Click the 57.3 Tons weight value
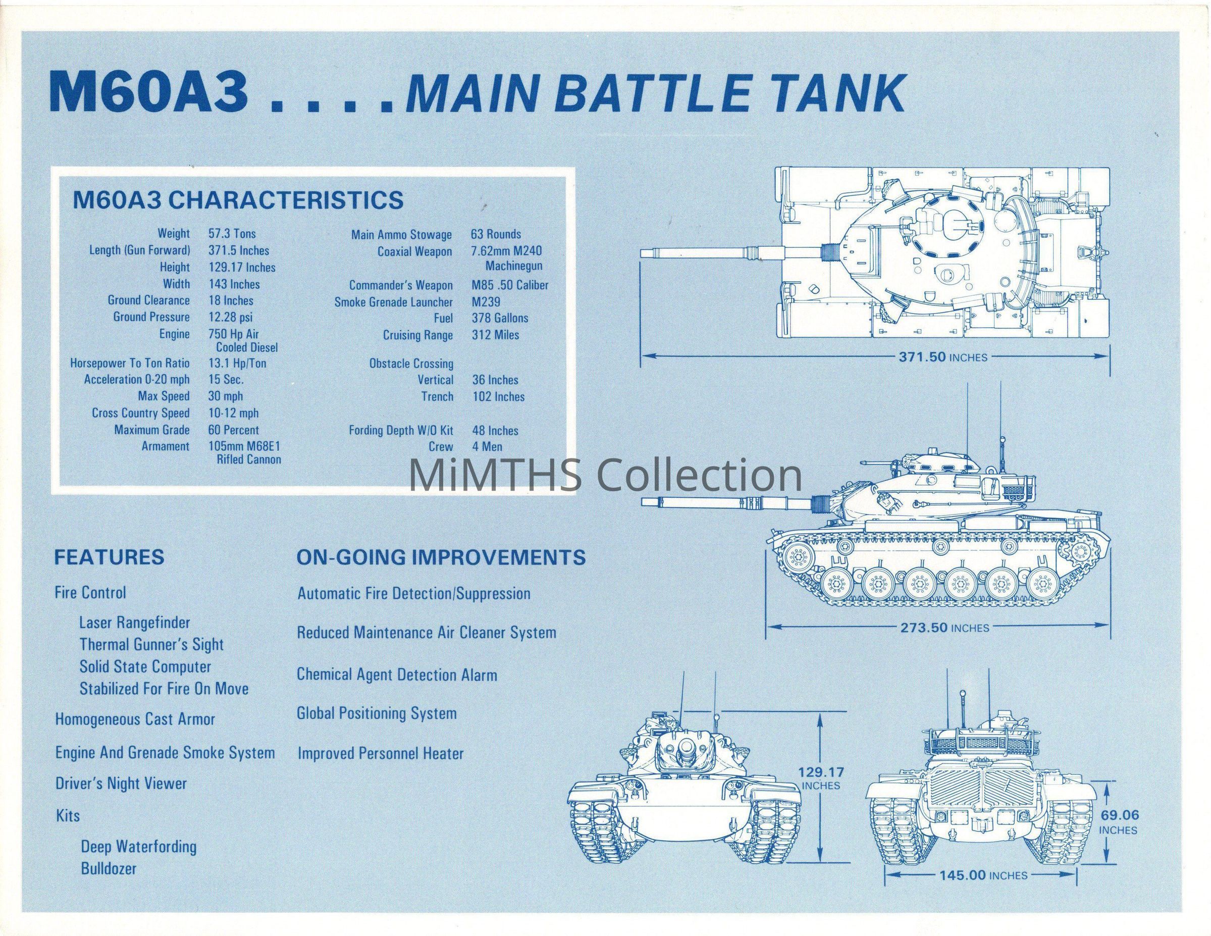[x=232, y=234]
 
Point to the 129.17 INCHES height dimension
[x=821, y=778]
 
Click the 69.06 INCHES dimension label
[x=1119, y=837]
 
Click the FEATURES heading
[x=109, y=557]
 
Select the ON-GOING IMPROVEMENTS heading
[x=441, y=557]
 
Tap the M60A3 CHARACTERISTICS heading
[x=238, y=200]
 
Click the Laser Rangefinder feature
[x=135, y=622]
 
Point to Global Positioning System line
[x=377, y=714]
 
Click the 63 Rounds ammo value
[x=496, y=234]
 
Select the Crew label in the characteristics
[x=441, y=446]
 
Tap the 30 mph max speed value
[x=226, y=396]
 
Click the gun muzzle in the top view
[x=644, y=252]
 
